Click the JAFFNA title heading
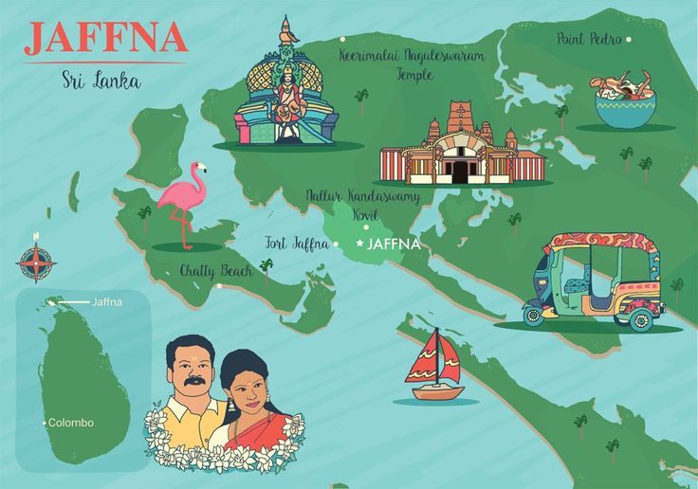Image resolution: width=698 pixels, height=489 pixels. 105,37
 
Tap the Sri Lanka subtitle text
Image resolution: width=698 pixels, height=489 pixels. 101,80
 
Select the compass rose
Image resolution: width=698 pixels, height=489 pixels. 36,263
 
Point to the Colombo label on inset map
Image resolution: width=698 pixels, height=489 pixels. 71,423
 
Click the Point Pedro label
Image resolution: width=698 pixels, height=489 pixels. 589,39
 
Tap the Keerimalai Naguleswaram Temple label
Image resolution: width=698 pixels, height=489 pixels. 412,63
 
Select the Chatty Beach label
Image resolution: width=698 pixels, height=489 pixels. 215,271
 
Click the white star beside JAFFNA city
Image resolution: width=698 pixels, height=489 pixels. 359,244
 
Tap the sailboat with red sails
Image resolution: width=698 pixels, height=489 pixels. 434,365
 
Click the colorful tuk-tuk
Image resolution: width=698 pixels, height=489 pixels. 594,281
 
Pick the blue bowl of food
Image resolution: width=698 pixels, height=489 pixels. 625,102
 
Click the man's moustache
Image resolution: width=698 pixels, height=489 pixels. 193,382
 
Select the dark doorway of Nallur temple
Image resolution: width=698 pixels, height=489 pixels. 460,171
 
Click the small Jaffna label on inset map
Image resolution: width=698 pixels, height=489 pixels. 106,302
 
